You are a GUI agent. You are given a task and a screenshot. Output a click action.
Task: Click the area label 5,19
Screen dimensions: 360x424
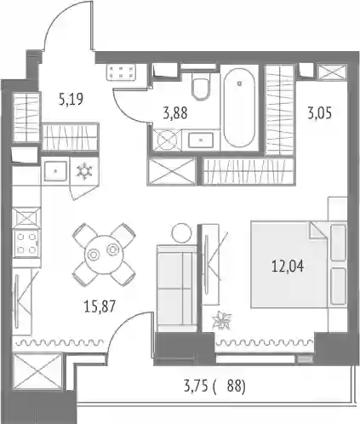point(71,100)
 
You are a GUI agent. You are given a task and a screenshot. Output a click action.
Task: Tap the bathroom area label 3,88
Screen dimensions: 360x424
point(175,113)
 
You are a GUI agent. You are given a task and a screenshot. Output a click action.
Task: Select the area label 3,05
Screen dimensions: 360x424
point(319,113)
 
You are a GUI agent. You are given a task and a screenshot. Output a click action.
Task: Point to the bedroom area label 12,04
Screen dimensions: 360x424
point(288,266)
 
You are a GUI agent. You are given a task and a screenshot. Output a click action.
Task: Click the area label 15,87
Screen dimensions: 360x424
point(100,307)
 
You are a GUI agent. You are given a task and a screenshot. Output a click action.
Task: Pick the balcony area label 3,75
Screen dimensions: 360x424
point(196,387)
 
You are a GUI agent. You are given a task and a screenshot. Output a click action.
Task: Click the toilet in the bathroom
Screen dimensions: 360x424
point(201,86)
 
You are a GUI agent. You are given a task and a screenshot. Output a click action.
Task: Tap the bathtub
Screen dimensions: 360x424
point(239,107)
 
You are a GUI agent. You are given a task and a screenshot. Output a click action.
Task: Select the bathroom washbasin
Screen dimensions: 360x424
point(201,140)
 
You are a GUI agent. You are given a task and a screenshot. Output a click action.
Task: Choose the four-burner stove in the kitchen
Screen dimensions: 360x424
point(26,243)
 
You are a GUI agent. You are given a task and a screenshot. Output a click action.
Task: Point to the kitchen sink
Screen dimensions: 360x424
point(55,171)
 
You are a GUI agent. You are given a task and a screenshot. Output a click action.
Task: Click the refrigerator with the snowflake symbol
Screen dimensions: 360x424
point(84,172)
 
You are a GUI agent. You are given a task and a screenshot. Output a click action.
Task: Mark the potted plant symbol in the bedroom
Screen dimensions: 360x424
point(222,321)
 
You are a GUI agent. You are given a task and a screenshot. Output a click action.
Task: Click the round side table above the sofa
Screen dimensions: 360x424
point(181,232)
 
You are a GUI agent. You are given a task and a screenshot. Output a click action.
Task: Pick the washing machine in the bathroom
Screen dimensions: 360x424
point(167,140)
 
